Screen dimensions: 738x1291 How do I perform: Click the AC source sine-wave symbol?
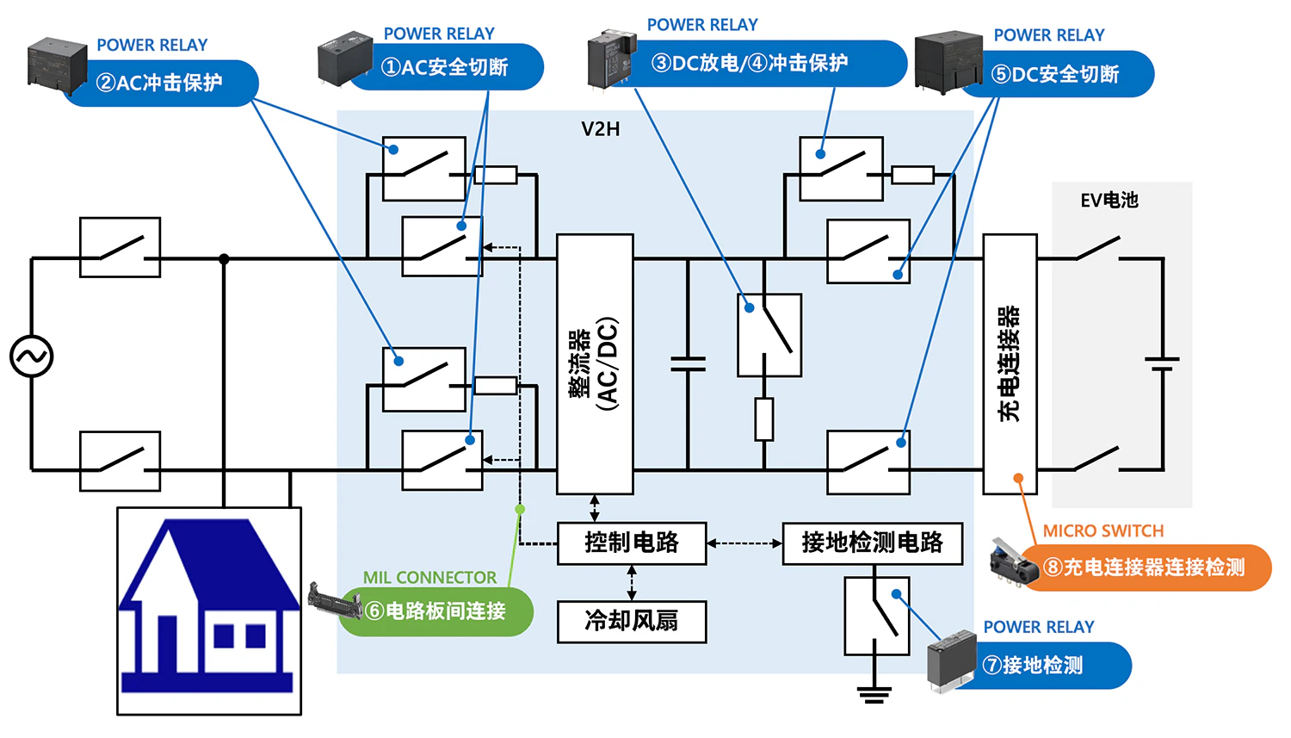32,357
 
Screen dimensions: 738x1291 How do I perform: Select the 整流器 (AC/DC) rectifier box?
595,363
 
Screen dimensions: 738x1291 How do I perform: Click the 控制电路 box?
632,543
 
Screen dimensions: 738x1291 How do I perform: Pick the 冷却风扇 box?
632,621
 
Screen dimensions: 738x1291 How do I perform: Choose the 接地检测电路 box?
872,543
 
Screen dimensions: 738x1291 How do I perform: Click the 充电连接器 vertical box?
1010,363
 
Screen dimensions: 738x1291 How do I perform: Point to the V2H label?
600,129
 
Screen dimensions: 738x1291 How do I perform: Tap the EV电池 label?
1109,200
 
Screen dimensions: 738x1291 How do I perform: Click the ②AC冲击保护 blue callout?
160,83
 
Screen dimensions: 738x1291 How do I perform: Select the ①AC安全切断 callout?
446,67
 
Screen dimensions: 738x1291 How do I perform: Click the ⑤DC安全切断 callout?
1056,74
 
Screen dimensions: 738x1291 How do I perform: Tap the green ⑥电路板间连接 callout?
436,611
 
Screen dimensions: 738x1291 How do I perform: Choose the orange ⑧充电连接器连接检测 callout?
1145,567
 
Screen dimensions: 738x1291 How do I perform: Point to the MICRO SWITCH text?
1103,531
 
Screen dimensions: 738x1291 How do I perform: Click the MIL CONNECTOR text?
429,578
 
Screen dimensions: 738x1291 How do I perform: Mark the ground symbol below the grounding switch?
874,693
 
